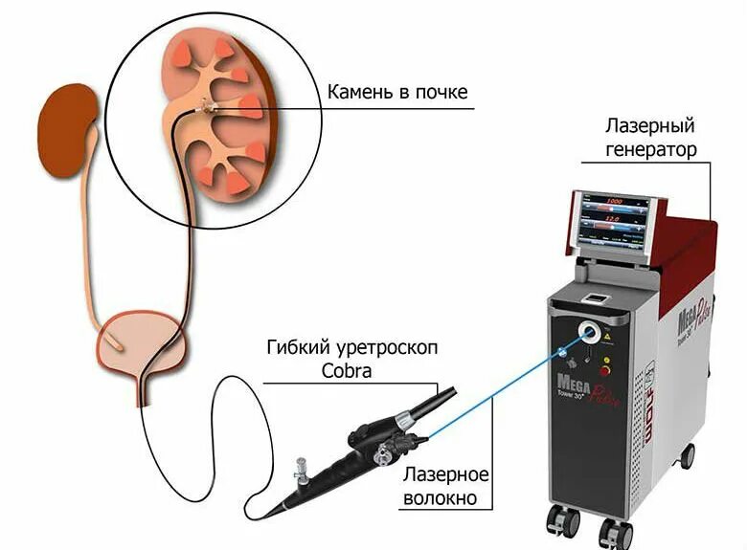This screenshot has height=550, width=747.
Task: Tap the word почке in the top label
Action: coord(441,93)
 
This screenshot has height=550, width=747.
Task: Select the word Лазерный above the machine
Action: coord(650,126)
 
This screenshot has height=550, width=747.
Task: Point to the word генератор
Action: coord(650,149)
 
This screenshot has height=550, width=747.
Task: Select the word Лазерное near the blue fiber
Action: coord(446,475)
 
